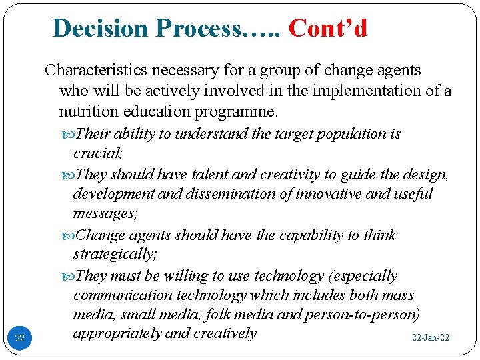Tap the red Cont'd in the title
point(327,28)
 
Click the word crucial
point(97,153)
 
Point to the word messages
point(102,214)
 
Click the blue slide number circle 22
point(19,339)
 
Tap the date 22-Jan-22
point(430,338)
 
